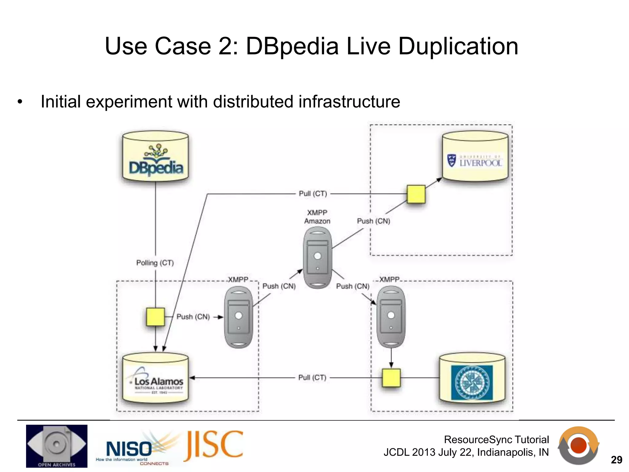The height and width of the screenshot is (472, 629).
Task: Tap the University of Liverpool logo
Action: (475, 161)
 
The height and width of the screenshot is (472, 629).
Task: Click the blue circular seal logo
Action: (472, 383)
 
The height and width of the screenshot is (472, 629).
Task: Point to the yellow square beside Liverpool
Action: (416, 194)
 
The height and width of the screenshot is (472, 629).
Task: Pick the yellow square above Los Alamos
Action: (155, 317)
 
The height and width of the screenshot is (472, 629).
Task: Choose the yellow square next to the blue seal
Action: (391, 378)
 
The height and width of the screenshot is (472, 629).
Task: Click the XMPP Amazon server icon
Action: (318, 258)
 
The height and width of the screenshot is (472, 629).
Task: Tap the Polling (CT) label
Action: (155, 263)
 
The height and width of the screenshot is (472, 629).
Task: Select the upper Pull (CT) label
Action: (313, 194)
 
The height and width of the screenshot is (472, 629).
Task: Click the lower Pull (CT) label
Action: (312, 377)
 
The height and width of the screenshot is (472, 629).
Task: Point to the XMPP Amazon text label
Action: (317, 217)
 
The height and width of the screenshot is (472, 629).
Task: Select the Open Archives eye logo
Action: (57, 446)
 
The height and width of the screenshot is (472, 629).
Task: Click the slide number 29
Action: (616, 460)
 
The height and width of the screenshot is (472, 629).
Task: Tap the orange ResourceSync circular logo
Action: (579, 445)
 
